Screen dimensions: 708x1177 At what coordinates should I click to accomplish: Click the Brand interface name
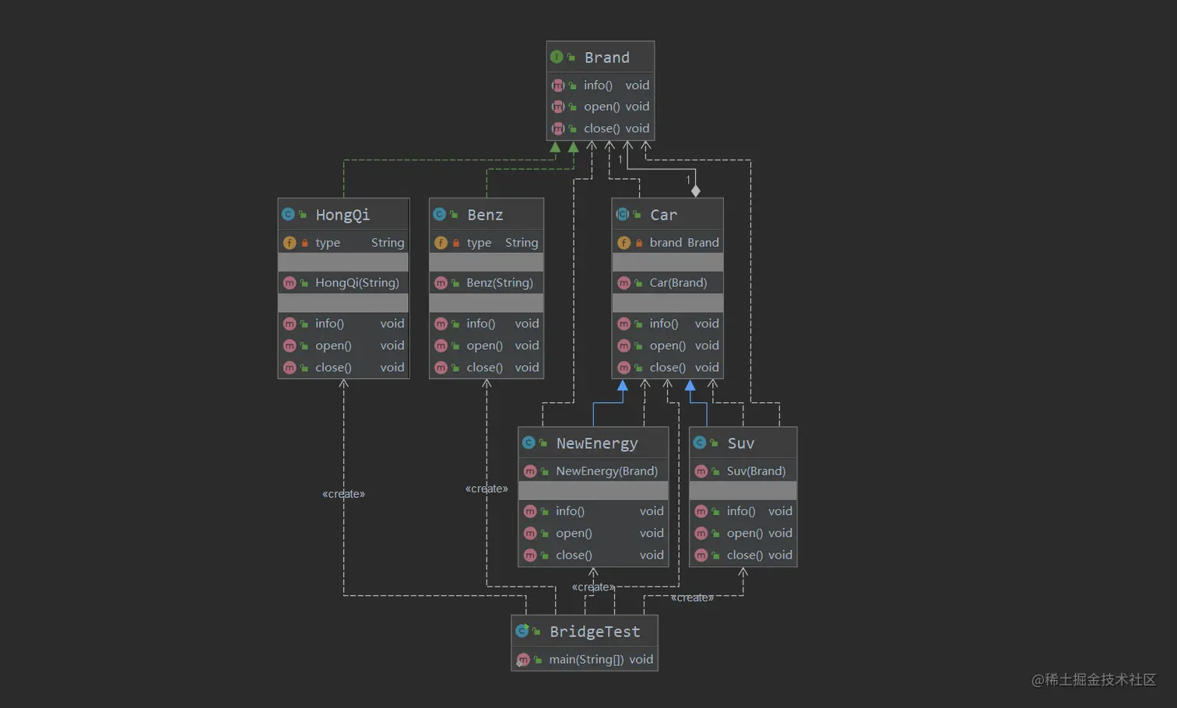coord(606,58)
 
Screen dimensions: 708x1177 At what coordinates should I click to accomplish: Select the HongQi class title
coord(343,215)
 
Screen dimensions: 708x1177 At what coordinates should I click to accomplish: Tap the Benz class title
coord(485,215)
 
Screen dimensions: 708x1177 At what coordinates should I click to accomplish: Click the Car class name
coord(663,215)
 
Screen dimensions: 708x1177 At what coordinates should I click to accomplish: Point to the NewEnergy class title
coord(596,443)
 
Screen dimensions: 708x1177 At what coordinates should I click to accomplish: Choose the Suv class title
coord(740,443)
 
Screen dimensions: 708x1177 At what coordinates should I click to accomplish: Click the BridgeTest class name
coord(595,632)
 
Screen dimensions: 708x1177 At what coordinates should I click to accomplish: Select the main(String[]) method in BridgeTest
coord(586,660)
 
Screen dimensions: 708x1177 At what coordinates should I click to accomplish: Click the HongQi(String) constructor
coord(357,283)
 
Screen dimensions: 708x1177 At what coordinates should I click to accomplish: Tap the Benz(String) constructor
coord(499,283)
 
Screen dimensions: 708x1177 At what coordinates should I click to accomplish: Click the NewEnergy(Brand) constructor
coord(606,471)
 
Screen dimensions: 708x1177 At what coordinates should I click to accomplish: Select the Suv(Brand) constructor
coord(756,471)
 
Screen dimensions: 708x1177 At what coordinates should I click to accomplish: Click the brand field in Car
coord(666,243)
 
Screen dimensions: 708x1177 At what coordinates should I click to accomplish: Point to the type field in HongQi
coord(328,243)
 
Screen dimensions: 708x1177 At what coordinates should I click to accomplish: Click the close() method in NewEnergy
coord(574,556)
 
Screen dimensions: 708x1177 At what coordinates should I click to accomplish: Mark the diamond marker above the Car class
coord(696,191)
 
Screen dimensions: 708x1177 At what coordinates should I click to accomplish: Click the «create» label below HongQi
coord(343,494)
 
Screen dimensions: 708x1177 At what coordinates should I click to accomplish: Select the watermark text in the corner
coord(1094,680)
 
